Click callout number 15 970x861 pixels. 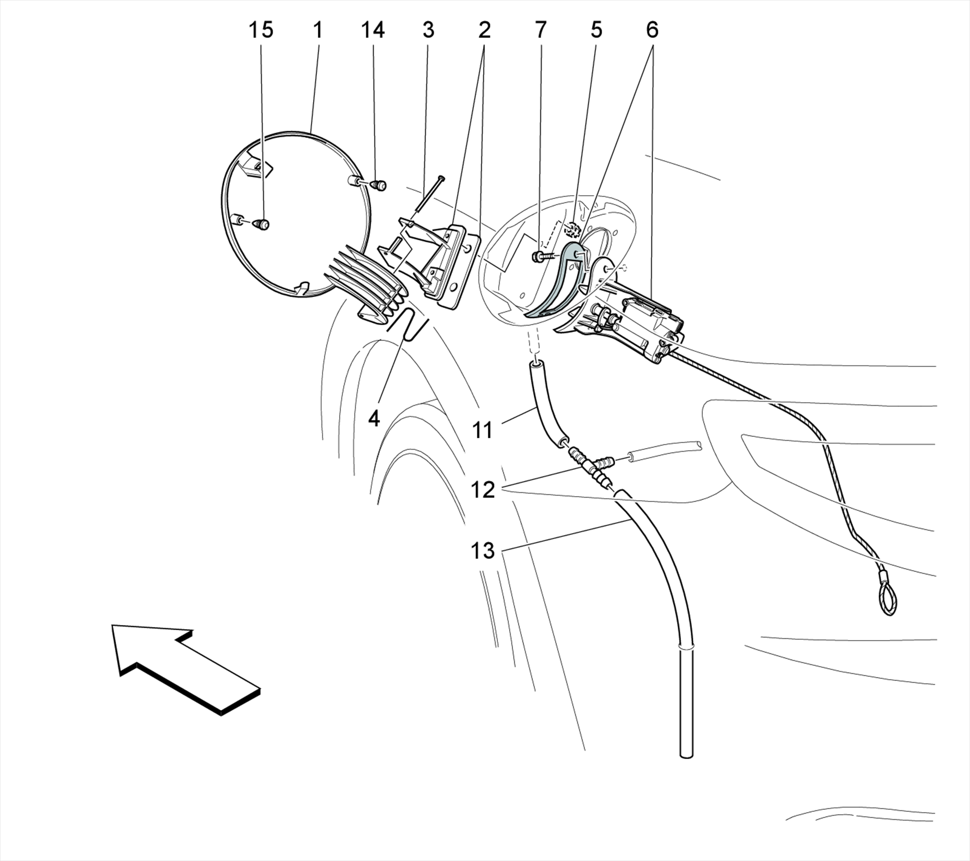tap(261, 30)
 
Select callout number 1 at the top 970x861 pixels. tap(318, 30)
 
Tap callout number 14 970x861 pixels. tap(373, 30)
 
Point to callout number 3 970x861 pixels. tap(428, 30)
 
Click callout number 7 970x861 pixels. tap(540, 30)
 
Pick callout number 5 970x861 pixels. tap(596, 30)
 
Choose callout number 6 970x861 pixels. tap(652, 30)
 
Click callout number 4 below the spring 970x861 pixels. tap(374, 419)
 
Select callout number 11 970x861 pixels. tap(483, 431)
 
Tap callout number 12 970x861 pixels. tap(483, 489)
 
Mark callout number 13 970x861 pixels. tap(483, 552)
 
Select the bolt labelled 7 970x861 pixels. tap(541, 257)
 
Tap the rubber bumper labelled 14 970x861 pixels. tap(379, 185)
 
